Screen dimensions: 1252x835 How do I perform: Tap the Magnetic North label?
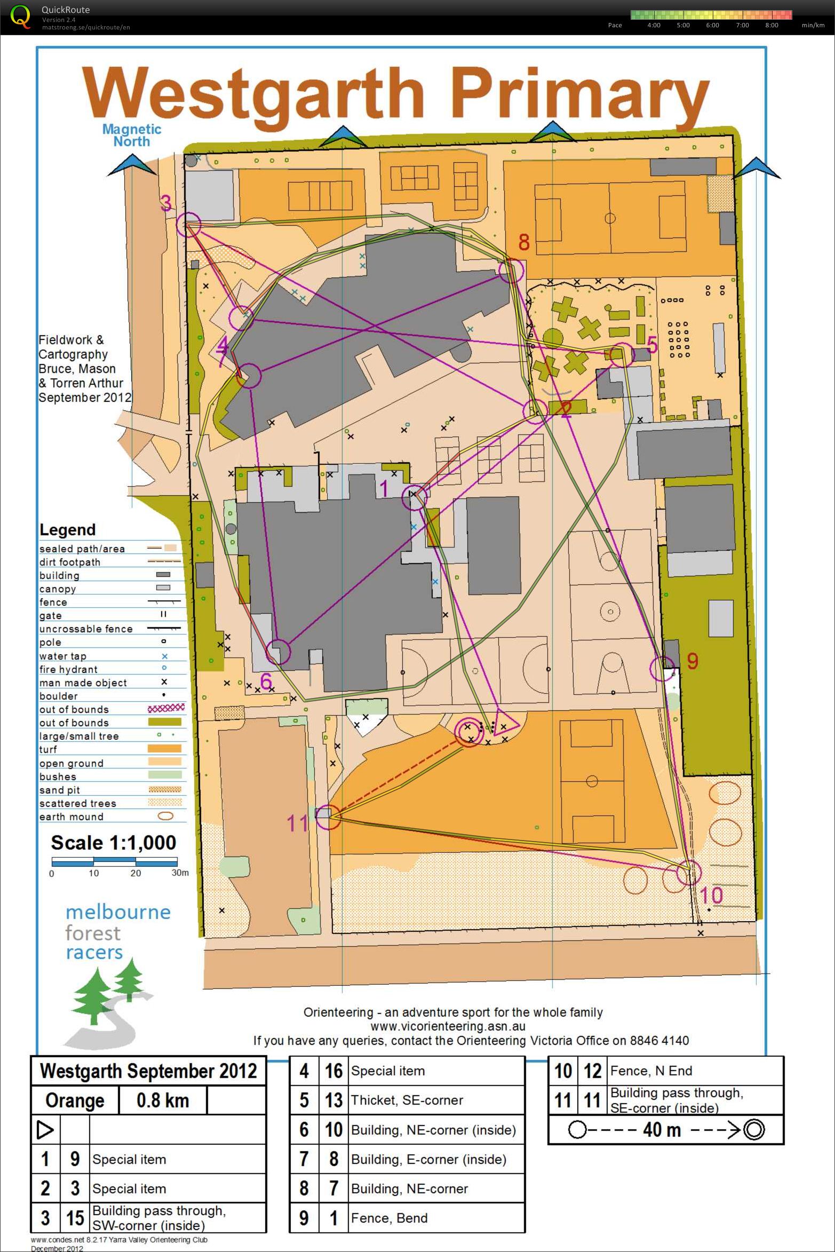coord(132,136)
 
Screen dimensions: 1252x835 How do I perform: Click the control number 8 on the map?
coord(524,243)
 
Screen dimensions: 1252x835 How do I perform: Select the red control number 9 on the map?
coord(692,661)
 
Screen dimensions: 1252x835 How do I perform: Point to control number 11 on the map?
coord(297,823)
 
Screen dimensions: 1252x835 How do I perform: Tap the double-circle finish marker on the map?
coord(469,733)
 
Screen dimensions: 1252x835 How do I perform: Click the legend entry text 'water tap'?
coord(62,656)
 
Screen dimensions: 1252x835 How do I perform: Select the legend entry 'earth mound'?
coord(71,817)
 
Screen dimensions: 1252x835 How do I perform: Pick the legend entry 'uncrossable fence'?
coord(85,629)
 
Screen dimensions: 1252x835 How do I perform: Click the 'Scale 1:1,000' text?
coord(113,843)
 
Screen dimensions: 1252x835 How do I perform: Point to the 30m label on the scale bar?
coord(180,873)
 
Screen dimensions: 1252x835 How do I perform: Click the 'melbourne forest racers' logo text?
coord(117,932)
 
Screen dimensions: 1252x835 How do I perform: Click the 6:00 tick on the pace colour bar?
coord(712,25)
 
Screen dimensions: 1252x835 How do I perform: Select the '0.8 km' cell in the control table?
coord(162,1100)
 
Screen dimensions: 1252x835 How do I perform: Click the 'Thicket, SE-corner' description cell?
coord(407,1100)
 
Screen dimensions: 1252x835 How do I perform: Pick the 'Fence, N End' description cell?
coord(651,1071)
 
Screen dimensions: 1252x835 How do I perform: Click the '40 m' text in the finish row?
coord(662,1130)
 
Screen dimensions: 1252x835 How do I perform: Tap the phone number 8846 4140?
coord(659,1040)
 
